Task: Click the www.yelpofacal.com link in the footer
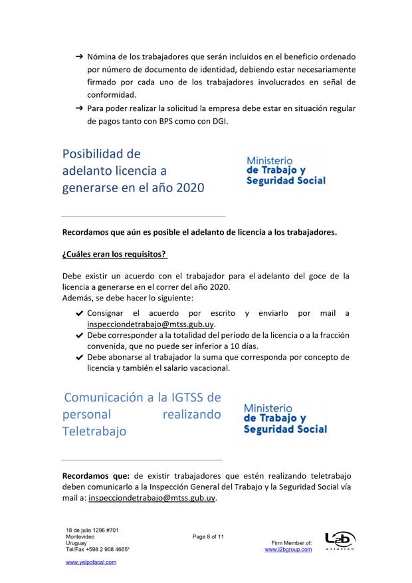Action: (90, 562)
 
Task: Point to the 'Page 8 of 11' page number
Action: (209, 536)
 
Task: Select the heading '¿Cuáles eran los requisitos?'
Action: (114, 254)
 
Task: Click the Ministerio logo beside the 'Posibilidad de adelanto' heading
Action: (285, 170)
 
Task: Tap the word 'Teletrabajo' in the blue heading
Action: (94, 431)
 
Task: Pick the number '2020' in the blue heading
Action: (182, 187)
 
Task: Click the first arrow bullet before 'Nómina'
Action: (78, 58)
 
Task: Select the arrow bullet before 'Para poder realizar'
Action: (78, 108)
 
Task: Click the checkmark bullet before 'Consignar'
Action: (79, 312)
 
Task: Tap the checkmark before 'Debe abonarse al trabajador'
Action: (79, 357)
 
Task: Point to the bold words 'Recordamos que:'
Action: (96, 476)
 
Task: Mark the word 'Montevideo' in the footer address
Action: (80, 536)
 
